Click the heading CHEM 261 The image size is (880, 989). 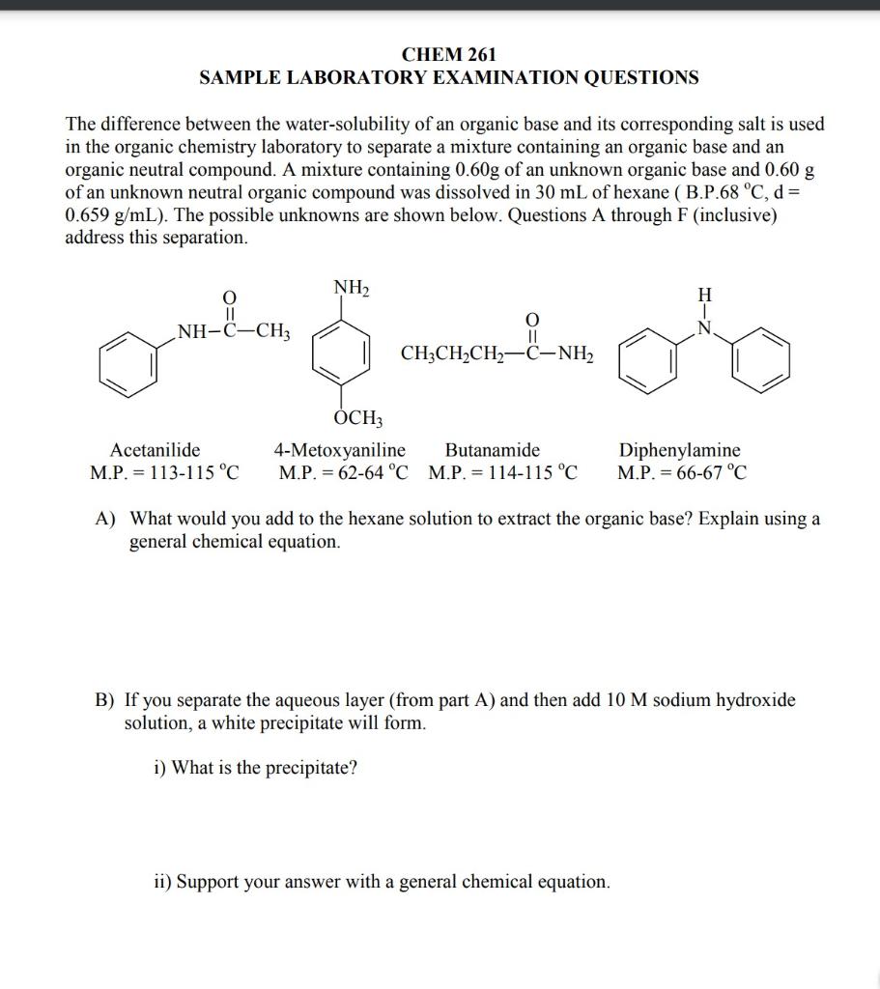tap(448, 55)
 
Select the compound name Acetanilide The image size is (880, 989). tap(156, 450)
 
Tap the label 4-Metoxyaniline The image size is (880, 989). tap(339, 450)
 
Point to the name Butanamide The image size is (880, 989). tap(493, 450)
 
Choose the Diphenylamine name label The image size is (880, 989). tap(680, 450)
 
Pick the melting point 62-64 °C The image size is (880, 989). tap(372, 473)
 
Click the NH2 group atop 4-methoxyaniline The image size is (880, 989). tap(352, 288)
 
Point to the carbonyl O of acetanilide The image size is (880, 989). tap(228, 297)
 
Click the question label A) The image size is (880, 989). tap(106, 519)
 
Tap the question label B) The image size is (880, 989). tap(105, 700)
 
